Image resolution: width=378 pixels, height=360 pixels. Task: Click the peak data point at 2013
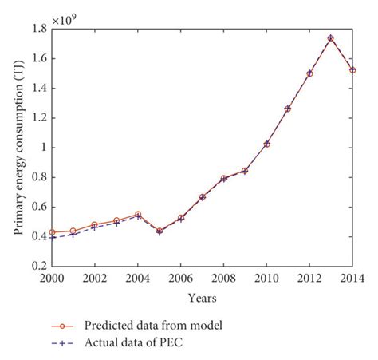tap(330, 38)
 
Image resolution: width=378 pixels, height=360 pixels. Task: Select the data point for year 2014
tap(352, 70)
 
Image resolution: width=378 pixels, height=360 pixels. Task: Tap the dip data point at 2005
tap(159, 231)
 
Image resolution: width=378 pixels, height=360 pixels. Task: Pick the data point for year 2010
tap(266, 144)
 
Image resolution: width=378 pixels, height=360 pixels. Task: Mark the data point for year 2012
tap(309, 73)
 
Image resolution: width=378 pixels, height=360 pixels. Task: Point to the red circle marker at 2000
tap(52, 232)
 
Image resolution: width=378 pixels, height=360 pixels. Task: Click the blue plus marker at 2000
tap(52, 238)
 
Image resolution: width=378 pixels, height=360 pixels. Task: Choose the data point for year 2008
tap(223, 178)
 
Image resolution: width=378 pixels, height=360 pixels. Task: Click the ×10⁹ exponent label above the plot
tap(66, 17)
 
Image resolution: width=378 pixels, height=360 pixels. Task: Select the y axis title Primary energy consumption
tap(18, 148)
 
